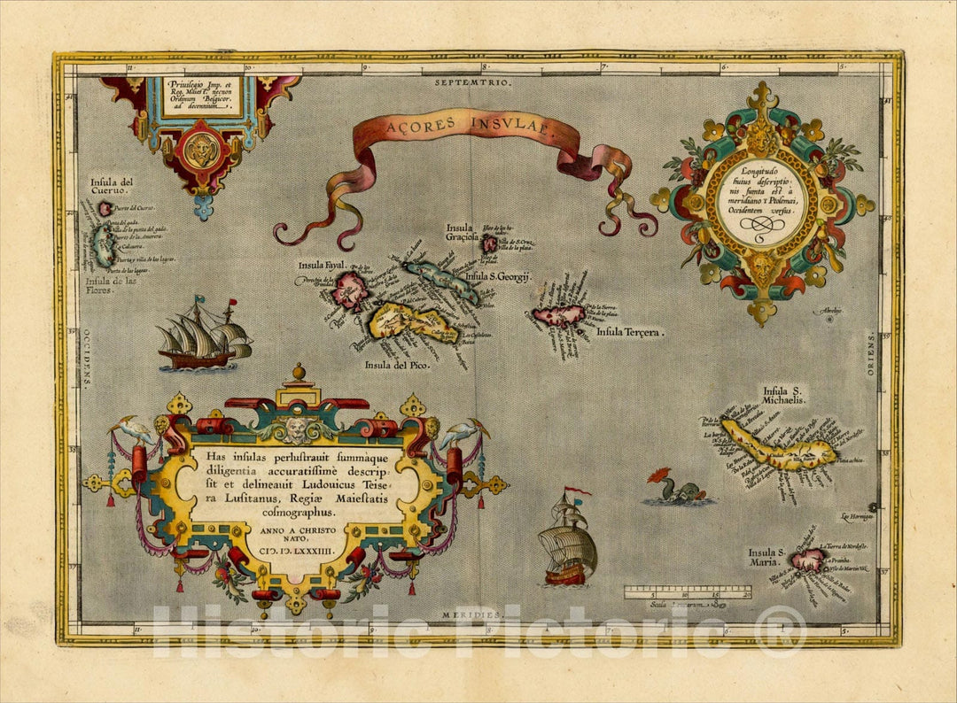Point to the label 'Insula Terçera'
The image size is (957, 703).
630,332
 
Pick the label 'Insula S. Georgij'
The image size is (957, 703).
497,278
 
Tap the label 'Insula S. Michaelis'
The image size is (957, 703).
784,395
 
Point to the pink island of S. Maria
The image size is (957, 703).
807,560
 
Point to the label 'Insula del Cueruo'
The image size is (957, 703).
110,187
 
